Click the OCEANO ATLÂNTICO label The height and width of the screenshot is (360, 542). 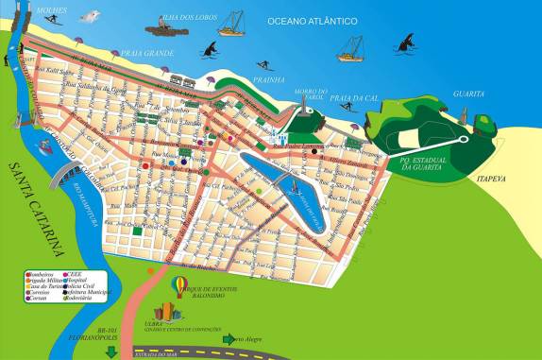coord(312,20)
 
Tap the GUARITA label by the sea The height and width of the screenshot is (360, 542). coord(468,94)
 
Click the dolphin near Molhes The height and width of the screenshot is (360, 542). coord(90,16)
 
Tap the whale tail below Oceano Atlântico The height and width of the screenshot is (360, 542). coord(408,41)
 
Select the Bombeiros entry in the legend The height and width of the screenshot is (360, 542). coord(44,273)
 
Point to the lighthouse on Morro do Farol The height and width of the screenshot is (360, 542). coord(308,111)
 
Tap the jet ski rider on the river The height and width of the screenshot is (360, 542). coord(44,145)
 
